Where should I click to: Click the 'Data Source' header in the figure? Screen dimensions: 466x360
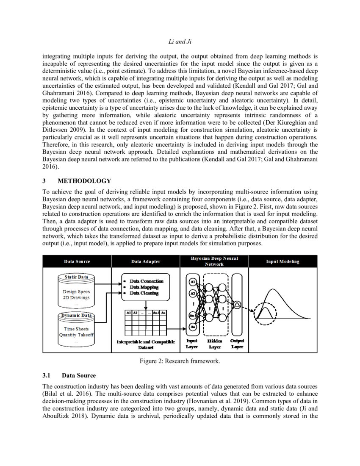coord(77,261)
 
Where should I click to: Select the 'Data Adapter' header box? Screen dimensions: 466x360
coord(146,261)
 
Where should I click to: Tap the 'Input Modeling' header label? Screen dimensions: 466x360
coord(282,261)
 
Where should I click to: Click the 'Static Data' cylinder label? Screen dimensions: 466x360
coord(76,277)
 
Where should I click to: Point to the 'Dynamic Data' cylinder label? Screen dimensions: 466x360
coord(76,315)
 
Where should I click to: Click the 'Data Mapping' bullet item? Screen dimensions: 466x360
coord(144,287)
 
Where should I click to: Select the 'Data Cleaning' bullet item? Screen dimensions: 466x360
coord(144,293)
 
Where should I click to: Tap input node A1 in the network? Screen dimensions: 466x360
coord(193,282)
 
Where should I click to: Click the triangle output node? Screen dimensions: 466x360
coord(237,305)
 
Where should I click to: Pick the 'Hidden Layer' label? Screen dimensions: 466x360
coord(215,344)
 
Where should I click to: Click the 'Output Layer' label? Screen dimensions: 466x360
coord(237,344)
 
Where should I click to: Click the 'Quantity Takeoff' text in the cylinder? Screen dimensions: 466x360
coord(76,335)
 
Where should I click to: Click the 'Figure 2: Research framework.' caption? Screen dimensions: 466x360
coord(180,361)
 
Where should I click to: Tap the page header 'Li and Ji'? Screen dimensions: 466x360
coord(180,42)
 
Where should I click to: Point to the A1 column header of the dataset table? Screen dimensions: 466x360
coord(128,313)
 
